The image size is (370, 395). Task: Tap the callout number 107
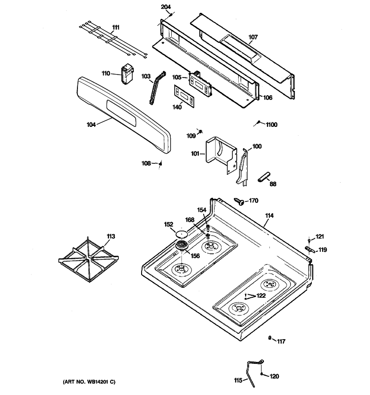tap(253, 37)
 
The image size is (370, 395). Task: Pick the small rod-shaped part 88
tap(264, 176)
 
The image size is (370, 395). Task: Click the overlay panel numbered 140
tap(184, 95)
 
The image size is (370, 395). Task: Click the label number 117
tap(280, 341)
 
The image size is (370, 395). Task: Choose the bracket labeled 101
tap(219, 155)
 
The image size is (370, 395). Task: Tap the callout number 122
tap(260, 295)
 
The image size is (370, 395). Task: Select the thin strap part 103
tap(156, 87)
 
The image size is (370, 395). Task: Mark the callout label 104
tap(91, 124)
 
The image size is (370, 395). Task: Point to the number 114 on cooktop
tap(269, 216)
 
